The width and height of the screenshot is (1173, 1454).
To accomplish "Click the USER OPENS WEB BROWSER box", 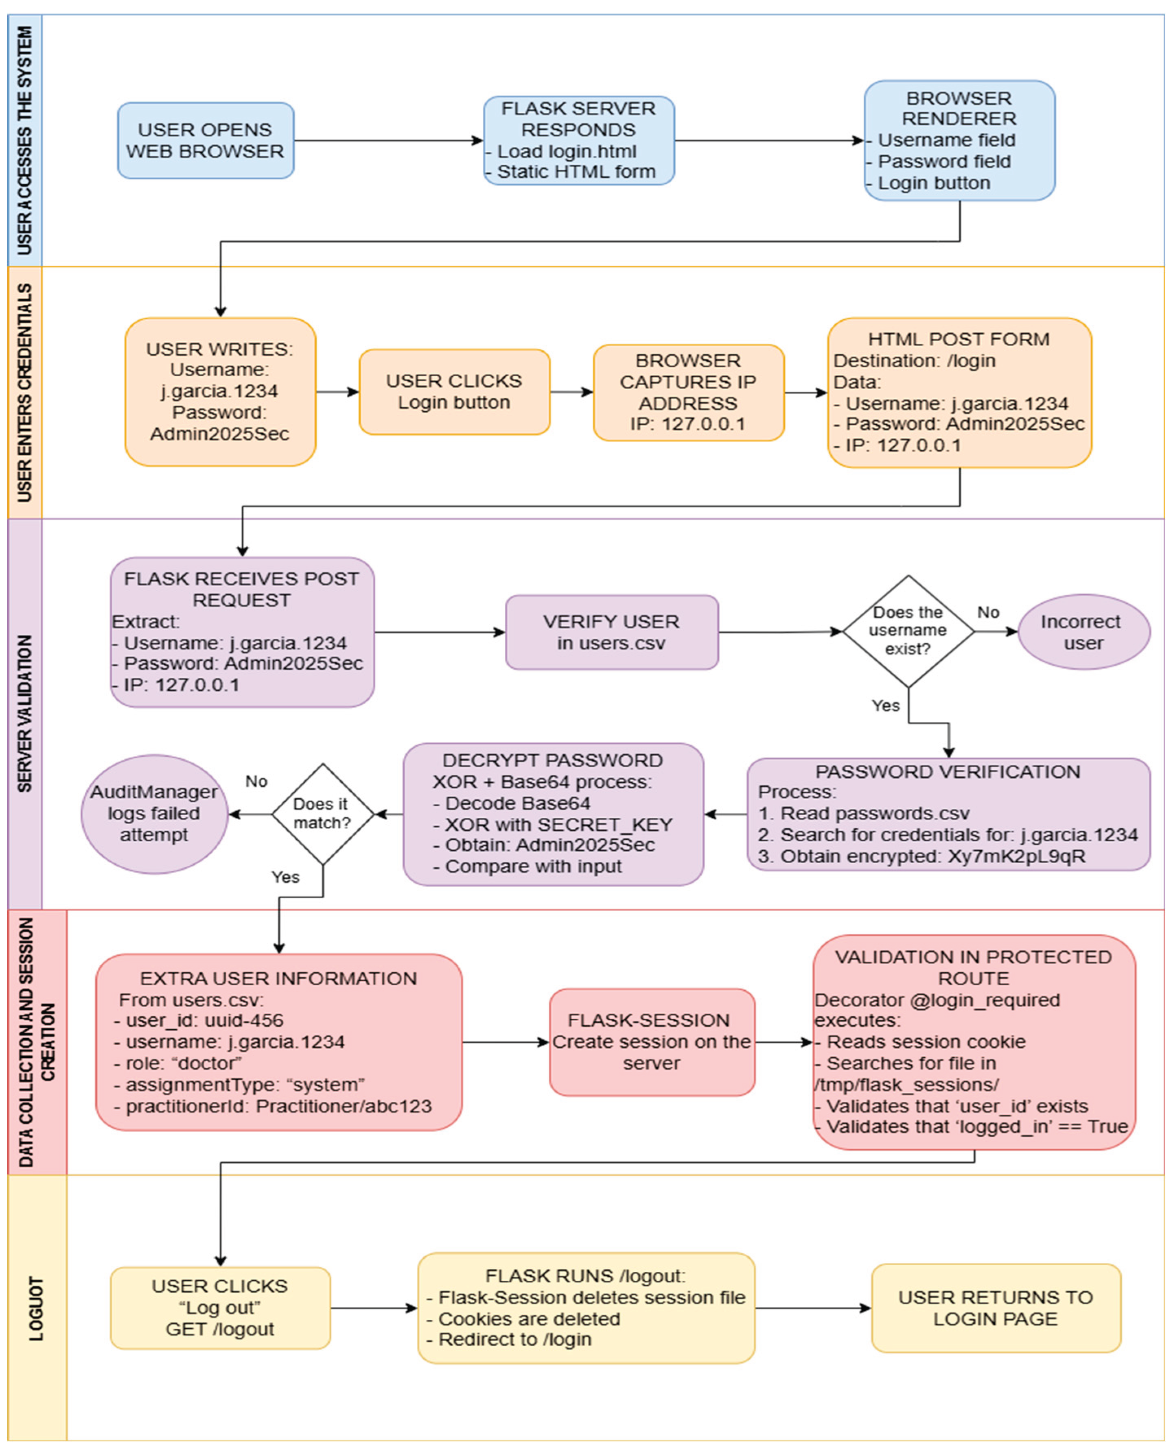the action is pyautogui.click(x=206, y=140).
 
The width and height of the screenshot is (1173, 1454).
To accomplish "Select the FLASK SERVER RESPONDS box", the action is pyautogui.click(x=578, y=140).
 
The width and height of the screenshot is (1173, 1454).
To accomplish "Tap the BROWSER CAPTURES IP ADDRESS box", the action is pyautogui.click(x=689, y=392).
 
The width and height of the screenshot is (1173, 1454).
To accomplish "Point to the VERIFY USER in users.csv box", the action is pyautogui.click(x=611, y=632).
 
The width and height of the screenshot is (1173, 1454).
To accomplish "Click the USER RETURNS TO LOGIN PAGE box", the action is pyautogui.click(x=996, y=1308).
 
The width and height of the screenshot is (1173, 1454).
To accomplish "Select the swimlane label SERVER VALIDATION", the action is pyautogui.click(x=25, y=713).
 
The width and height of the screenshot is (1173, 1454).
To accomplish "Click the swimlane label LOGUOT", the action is pyautogui.click(x=37, y=1308).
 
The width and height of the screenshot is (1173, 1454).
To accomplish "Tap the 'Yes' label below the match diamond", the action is pyautogui.click(x=285, y=877).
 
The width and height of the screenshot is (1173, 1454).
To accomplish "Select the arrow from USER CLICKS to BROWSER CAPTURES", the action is pyautogui.click(x=571, y=392).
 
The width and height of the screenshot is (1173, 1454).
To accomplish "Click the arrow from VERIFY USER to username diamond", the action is pyautogui.click(x=780, y=632).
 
